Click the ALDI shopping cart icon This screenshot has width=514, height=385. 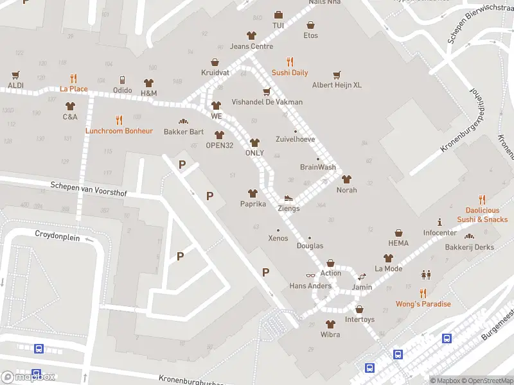pyautogui.click(x=15, y=74)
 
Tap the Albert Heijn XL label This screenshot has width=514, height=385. pyautogui.click(x=337, y=85)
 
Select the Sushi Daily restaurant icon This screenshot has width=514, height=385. pyautogui.click(x=290, y=62)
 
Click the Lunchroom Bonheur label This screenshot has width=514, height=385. pyautogui.click(x=119, y=131)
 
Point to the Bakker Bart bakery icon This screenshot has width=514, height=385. pyautogui.click(x=183, y=121)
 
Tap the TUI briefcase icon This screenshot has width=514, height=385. pyautogui.click(x=278, y=15)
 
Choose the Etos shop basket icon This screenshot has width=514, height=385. pyautogui.click(x=311, y=25)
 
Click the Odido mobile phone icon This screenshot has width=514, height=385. pyautogui.click(x=122, y=80)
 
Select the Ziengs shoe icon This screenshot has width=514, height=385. pyautogui.click(x=288, y=198)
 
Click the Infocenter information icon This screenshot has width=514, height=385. pyautogui.click(x=440, y=221)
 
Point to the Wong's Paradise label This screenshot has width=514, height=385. pyautogui.click(x=423, y=304)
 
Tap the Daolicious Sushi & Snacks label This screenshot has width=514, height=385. pyautogui.click(x=483, y=215)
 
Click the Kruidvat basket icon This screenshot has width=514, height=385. pyautogui.click(x=215, y=62)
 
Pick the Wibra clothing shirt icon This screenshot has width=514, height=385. pyautogui.click(x=330, y=324)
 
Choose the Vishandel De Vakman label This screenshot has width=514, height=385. pyautogui.click(x=267, y=102)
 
